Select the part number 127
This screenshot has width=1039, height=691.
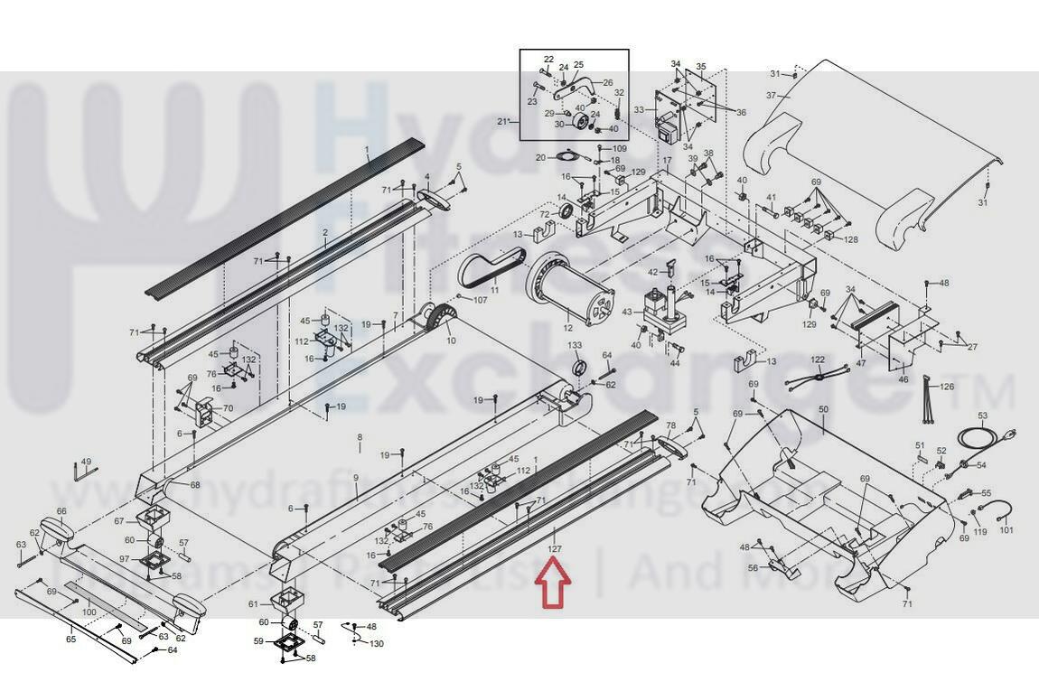(554, 548)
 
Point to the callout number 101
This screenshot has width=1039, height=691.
(1006, 530)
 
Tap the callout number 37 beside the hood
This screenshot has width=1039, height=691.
(771, 96)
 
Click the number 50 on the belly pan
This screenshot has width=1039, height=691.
(822, 410)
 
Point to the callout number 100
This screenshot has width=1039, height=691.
(89, 612)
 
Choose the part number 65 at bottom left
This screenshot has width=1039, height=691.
(70, 639)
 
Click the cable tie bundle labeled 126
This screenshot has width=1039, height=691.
(927, 403)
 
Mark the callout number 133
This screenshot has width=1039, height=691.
(575, 346)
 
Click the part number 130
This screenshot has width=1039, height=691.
(376, 644)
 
